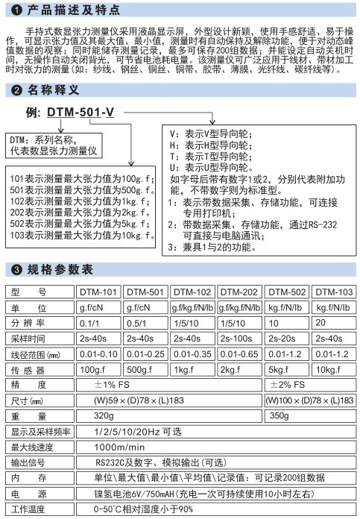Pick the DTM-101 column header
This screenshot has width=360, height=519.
pos(98,292)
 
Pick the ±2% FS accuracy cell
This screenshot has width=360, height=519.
pos(287,384)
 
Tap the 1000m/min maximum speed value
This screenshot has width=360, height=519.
pos(119,447)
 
